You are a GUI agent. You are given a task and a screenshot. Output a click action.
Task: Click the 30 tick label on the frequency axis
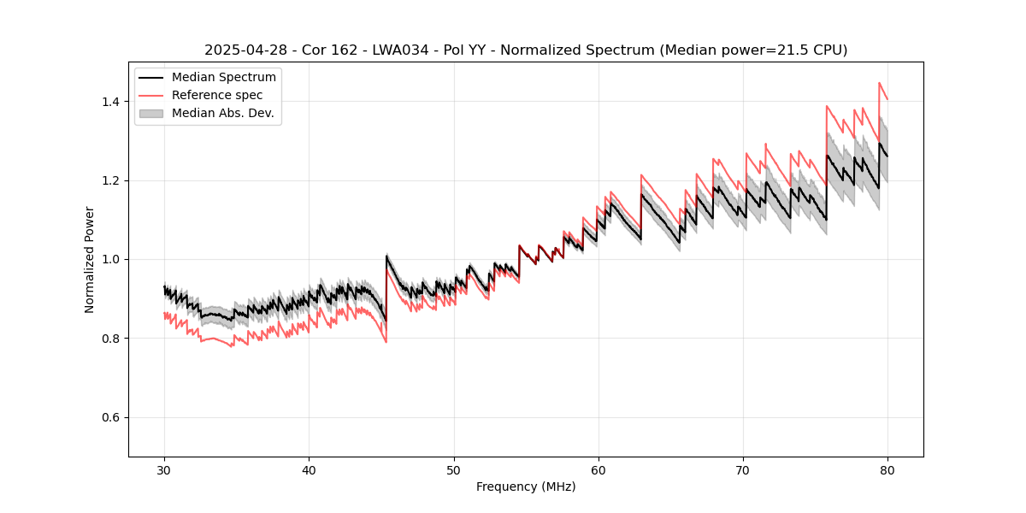pos(164,469)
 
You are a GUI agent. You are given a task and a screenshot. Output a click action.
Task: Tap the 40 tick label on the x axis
pos(309,469)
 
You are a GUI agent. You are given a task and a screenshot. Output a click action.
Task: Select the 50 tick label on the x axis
pos(454,469)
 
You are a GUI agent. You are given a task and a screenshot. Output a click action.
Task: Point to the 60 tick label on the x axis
pos(598,469)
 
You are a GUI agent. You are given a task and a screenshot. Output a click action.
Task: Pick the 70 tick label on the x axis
pos(743,469)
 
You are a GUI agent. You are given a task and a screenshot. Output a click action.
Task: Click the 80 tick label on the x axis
pos(887,469)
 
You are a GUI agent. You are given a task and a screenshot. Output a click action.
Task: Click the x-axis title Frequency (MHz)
pos(526,486)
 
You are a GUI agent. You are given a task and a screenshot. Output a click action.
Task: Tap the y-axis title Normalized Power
pos(90,259)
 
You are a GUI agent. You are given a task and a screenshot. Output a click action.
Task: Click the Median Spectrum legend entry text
pos(223,78)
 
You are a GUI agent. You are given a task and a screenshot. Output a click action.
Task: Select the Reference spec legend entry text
pos(217,95)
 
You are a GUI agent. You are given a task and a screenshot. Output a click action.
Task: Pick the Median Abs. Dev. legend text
pos(222,113)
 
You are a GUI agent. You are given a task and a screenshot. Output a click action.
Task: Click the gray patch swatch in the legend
pos(151,113)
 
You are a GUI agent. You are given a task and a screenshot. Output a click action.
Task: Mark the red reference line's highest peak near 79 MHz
pos(879,83)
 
